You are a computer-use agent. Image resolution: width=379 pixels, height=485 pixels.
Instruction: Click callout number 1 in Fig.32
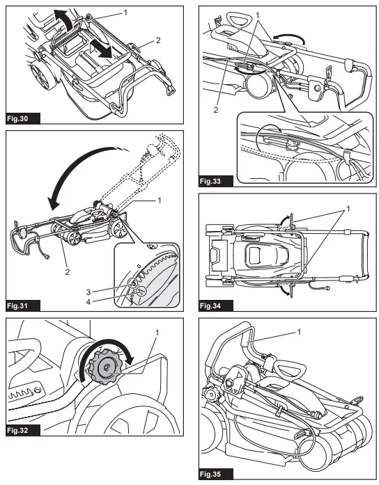pyautogui.click(x=157, y=333)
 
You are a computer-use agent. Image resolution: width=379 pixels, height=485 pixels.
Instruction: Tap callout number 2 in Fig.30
pyautogui.click(x=158, y=40)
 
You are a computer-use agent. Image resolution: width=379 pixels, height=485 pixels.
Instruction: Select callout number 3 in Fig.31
pyautogui.click(x=88, y=292)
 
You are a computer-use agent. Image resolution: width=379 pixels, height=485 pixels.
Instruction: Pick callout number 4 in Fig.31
pyautogui.click(x=88, y=301)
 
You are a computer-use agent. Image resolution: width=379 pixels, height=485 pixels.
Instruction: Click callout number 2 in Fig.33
pyautogui.click(x=216, y=109)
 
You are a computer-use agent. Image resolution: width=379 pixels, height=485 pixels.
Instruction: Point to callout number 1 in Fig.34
pyautogui.click(x=348, y=209)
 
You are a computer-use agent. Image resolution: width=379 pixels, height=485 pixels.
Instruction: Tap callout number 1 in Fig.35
pyautogui.click(x=299, y=332)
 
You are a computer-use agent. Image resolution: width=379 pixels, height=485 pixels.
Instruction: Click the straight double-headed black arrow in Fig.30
pyautogui.click(x=100, y=49)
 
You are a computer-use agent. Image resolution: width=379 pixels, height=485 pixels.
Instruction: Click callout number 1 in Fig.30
pyautogui.click(x=125, y=13)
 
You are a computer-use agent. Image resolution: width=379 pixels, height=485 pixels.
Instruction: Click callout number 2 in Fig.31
pyautogui.click(x=67, y=271)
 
